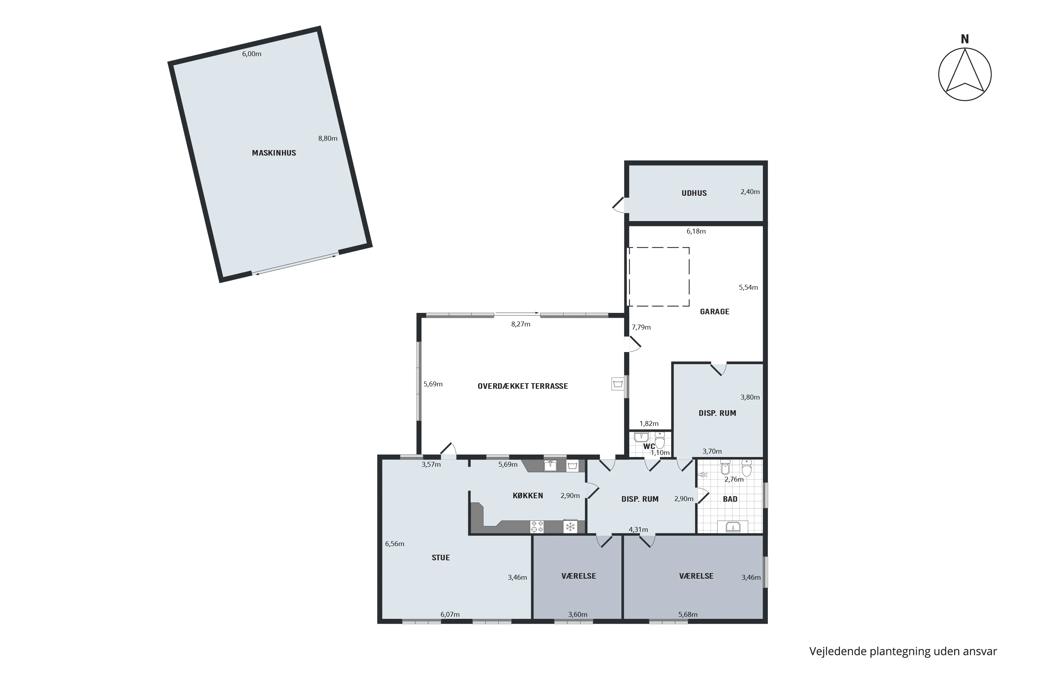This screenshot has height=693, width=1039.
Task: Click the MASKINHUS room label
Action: point(274,153)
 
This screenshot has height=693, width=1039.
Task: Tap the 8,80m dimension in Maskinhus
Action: point(328,138)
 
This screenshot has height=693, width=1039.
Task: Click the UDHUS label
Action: point(694,193)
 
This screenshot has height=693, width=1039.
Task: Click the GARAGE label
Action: point(714,312)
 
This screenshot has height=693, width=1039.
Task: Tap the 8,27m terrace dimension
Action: point(521,324)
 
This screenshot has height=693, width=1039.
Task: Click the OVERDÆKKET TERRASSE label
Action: point(523,386)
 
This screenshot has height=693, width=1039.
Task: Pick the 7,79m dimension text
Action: point(641,327)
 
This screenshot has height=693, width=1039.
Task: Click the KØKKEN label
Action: point(528,495)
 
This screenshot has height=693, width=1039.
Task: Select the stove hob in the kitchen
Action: point(537,527)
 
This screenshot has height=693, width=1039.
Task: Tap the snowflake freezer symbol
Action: point(570,527)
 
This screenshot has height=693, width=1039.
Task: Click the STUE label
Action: point(441,558)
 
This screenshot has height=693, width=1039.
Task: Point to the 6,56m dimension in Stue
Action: point(394,544)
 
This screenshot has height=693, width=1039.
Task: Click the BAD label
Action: point(730,499)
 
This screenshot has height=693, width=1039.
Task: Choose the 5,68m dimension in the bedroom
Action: point(688,614)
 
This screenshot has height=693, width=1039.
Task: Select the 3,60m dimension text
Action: point(577,614)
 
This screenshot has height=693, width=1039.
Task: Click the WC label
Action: point(649,446)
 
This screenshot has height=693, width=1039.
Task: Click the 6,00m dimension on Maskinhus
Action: point(251,54)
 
